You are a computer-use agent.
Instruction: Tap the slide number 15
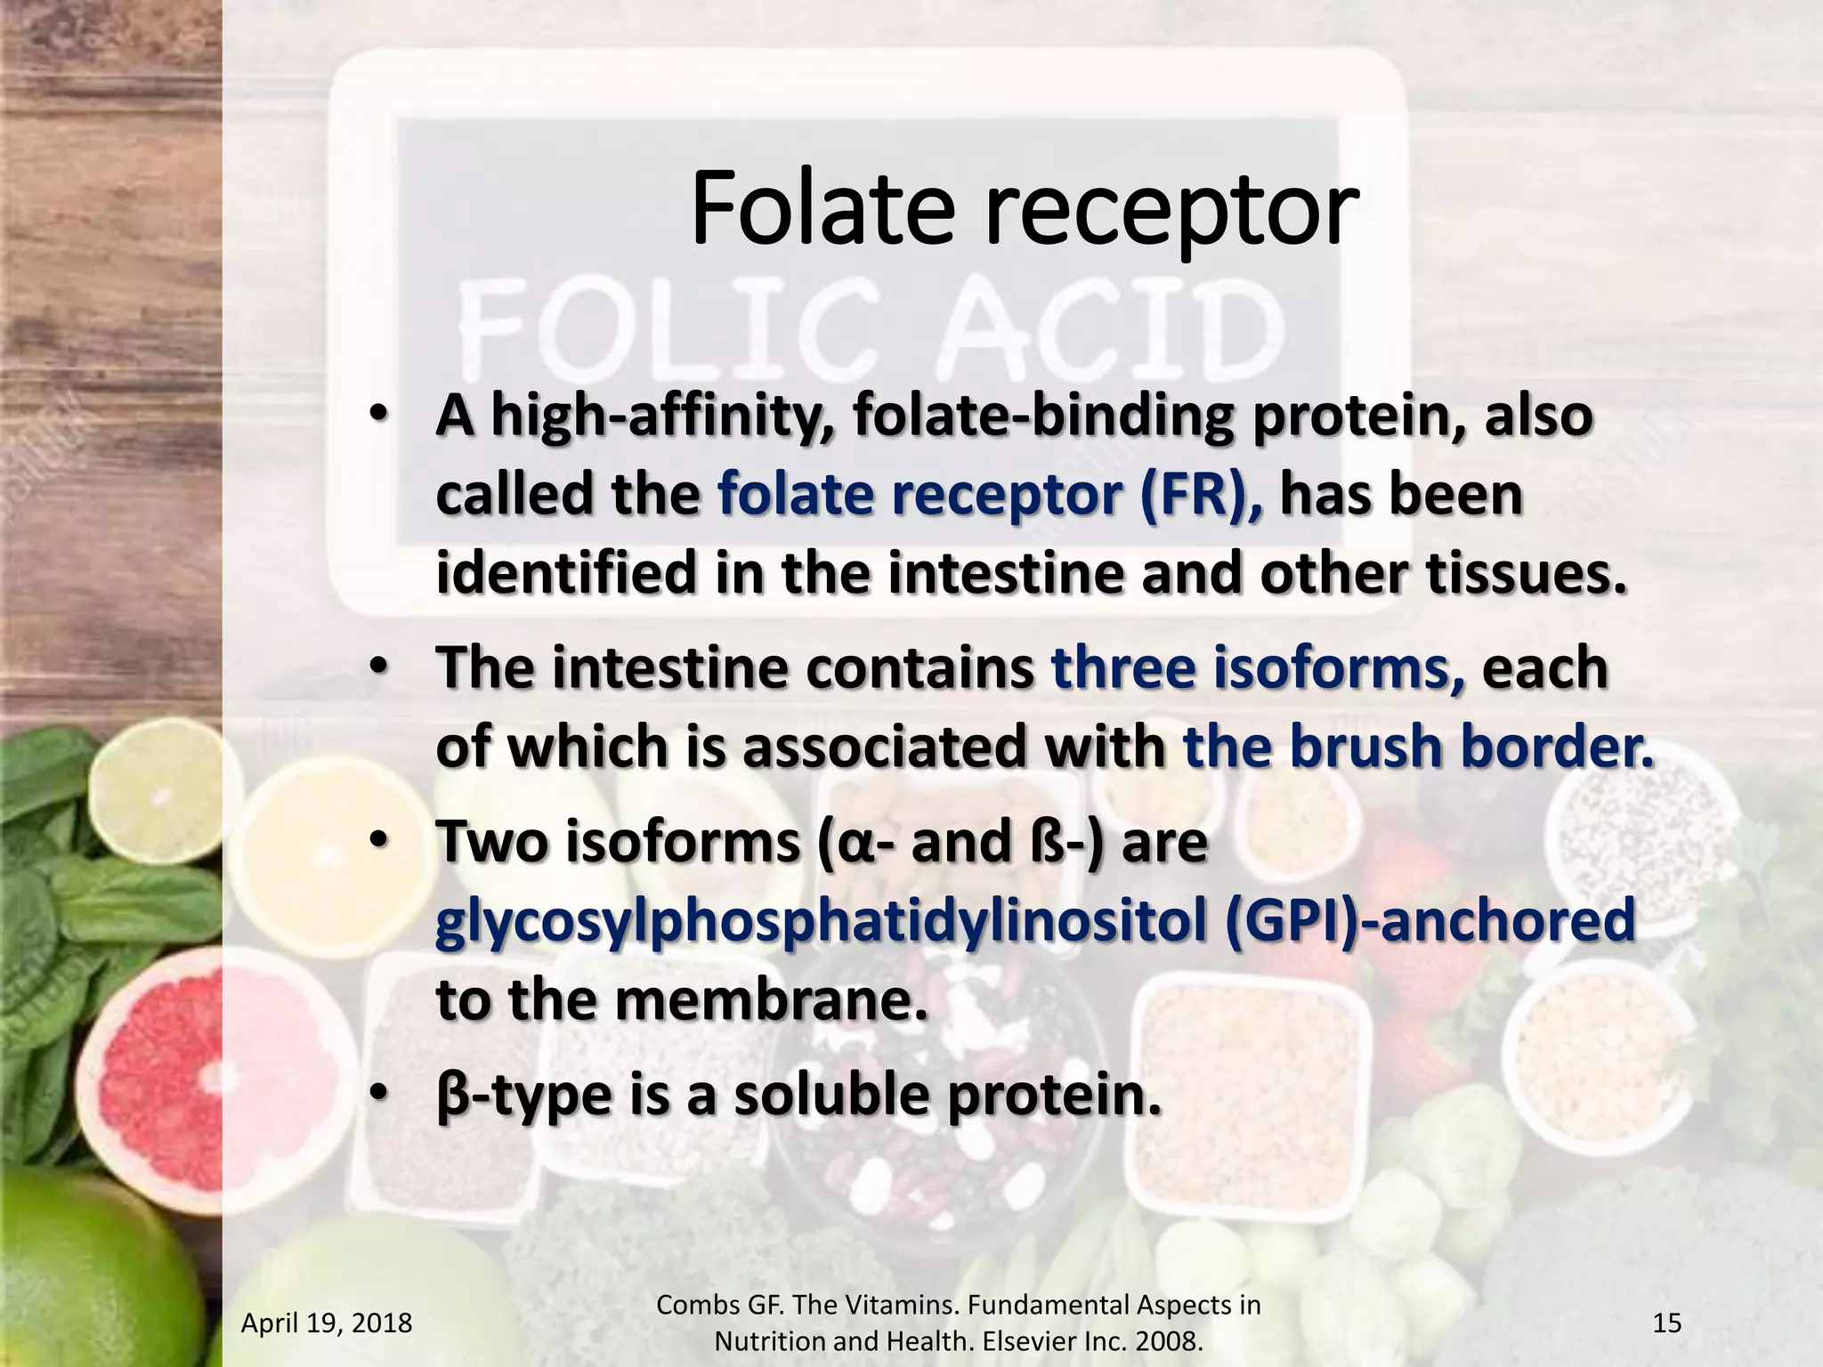point(1666,1323)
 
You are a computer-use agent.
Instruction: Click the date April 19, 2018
point(327,1323)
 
